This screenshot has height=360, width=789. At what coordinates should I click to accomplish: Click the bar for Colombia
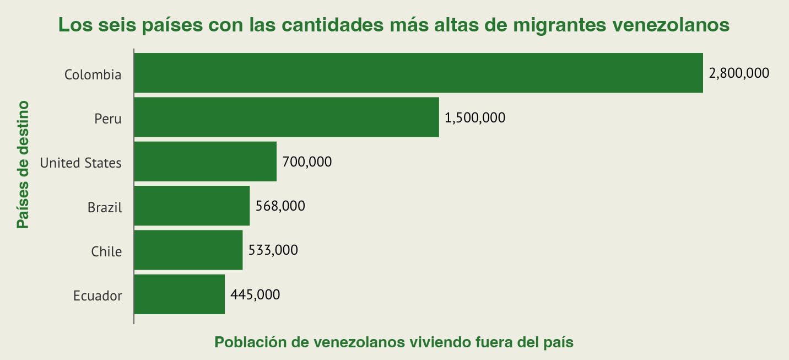[418, 73]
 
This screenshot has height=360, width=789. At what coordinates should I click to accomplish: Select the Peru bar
[287, 117]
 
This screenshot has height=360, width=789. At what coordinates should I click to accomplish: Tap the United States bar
[205, 162]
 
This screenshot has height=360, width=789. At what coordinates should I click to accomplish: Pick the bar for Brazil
[192, 206]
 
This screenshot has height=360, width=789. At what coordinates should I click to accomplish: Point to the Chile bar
[188, 250]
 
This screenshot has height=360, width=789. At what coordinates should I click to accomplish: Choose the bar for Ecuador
[179, 294]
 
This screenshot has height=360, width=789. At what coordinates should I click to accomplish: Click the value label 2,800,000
[739, 73]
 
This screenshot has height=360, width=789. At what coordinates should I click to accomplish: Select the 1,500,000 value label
[474, 117]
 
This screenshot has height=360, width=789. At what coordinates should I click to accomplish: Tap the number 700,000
[307, 162]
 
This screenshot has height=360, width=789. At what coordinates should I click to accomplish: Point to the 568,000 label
[280, 206]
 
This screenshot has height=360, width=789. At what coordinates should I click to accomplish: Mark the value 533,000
[273, 250]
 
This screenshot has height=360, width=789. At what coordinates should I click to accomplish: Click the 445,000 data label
[255, 294]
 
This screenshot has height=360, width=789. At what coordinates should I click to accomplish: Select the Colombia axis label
[93, 74]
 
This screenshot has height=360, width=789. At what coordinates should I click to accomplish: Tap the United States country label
[80, 163]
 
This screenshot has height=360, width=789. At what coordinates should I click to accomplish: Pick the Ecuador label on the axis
[98, 295]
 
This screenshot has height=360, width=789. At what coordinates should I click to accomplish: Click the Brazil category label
[104, 207]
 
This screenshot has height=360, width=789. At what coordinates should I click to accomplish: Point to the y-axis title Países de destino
[22, 164]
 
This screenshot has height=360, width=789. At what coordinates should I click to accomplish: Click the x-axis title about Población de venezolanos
[394, 342]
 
